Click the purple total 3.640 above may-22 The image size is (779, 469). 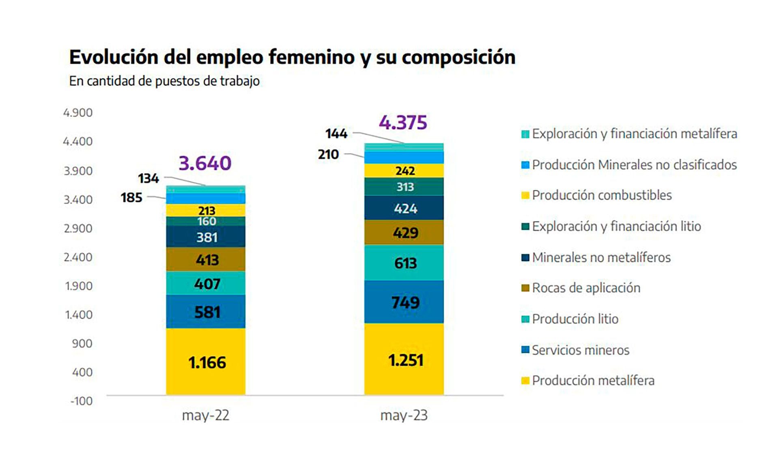(205, 163)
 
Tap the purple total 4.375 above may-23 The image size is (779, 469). (403, 123)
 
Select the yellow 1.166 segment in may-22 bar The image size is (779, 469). (206, 362)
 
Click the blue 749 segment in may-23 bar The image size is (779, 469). (404, 302)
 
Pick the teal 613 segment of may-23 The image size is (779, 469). (404, 263)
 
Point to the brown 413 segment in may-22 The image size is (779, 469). (206, 260)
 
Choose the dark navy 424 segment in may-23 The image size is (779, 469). (404, 208)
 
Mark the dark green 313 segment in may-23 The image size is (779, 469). (404, 187)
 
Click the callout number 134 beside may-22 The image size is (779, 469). (148, 178)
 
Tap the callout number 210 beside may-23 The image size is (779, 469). (328, 154)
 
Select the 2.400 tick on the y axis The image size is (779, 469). (78, 257)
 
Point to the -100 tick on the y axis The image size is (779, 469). (81, 401)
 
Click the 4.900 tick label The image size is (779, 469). (78, 113)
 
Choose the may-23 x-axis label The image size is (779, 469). (404, 415)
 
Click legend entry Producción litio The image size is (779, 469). (575, 319)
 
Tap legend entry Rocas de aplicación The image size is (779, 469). (586, 288)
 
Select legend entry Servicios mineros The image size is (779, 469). (580, 350)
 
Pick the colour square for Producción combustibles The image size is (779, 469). (525, 195)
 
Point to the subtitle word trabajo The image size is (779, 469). (239, 81)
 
